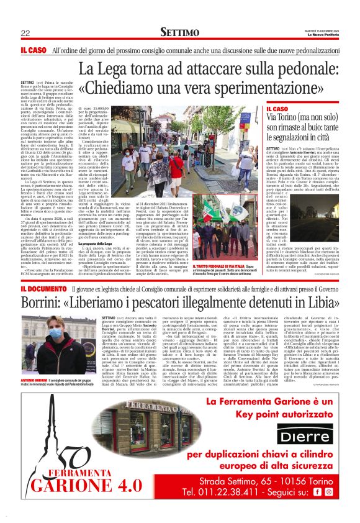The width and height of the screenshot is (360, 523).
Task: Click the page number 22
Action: (x=25, y=33)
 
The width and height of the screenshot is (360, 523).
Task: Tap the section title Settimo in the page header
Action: (x=179, y=32)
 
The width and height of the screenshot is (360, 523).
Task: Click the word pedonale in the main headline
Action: (x=291, y=66)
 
